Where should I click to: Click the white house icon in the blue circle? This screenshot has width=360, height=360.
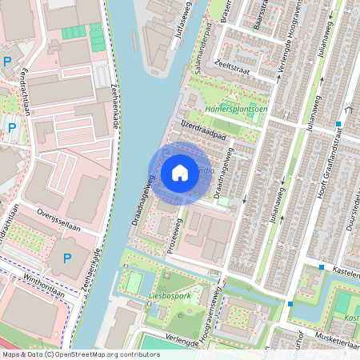180,173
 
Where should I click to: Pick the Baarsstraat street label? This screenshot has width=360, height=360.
259,18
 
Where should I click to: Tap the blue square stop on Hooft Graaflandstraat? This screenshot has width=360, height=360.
339,124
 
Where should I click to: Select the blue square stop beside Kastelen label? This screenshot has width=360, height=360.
322,267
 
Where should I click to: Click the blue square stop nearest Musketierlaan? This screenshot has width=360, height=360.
290,304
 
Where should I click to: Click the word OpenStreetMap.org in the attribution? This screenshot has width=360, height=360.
89,354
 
